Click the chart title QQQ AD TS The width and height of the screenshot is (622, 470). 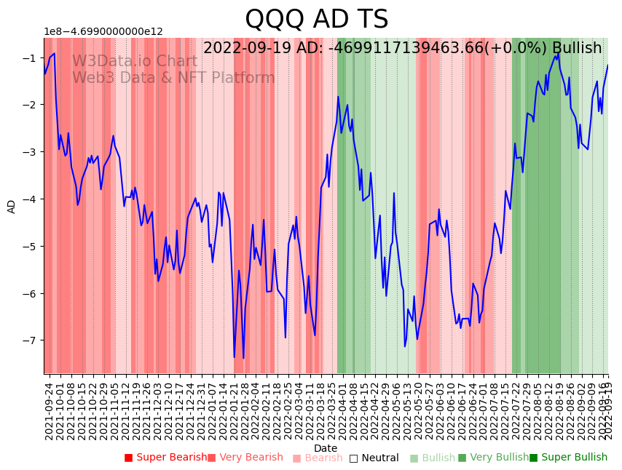[316, 20]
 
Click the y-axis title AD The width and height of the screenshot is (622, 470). [12, 206]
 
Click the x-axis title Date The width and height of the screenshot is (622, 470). [326, 448]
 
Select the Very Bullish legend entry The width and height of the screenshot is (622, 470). [499, 458]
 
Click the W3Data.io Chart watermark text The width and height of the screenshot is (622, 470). [134, 62]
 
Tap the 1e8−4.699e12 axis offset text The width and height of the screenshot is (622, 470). [103, 32]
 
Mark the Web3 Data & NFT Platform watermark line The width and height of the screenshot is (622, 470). [173, 78]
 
